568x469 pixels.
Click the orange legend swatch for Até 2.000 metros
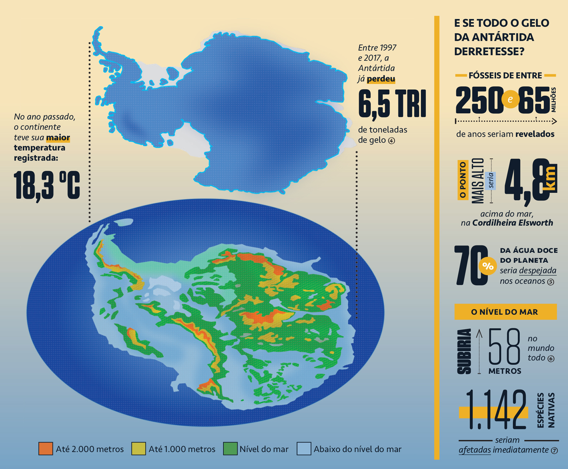pyautogui.click(x=46, y=448)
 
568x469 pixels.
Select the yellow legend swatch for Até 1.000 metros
pyautogui.click(x=138, y=448)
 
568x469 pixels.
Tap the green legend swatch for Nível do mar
pyautogui.click(x=230, y=448)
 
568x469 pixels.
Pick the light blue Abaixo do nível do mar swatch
pyautogui.click(x=304, y=448)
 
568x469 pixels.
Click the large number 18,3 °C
pyautogui.click(x=47, y=185)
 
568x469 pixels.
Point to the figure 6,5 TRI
pyautogui.click(x=392, y=104)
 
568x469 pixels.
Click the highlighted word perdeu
pyautogui.click(x=381, y=79)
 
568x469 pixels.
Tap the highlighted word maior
pyautogui.click(x=58, y=137)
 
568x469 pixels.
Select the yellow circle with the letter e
pyautogui.click(x=510, y=99)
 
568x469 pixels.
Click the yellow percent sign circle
pyautogui.click(x=488, y=266)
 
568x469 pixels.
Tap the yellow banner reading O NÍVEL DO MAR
pyautogui.click(x=505, y=312)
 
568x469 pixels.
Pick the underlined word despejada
pyautogui.click(x=537, y=271)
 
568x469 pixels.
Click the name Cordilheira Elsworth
pyautogui.click(x=512, y=223)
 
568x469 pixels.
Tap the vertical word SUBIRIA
pyautogui.click(x=464, y=351)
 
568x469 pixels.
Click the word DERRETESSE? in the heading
pyautogui.click(x=489, y=51)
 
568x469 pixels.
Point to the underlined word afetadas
pyautogui.click(x=475, y=450)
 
